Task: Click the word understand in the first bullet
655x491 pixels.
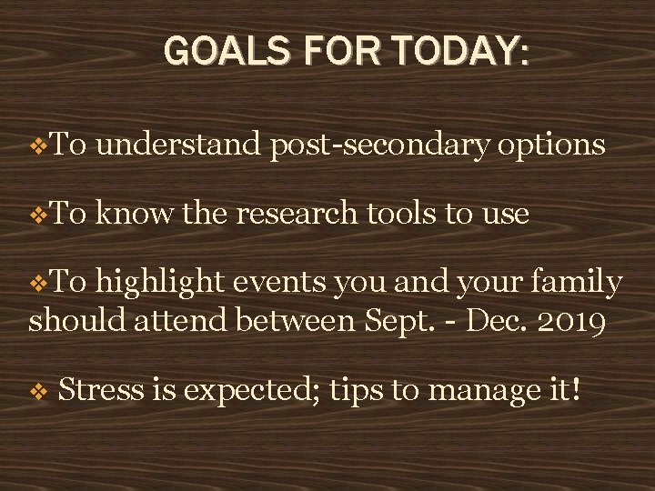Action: click(178, 145)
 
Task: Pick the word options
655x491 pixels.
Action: click(551, 145)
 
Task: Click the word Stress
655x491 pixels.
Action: click(101, 391)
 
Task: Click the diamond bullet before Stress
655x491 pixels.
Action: click(37, 393)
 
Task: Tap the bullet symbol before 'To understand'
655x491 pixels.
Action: click(37, 145)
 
